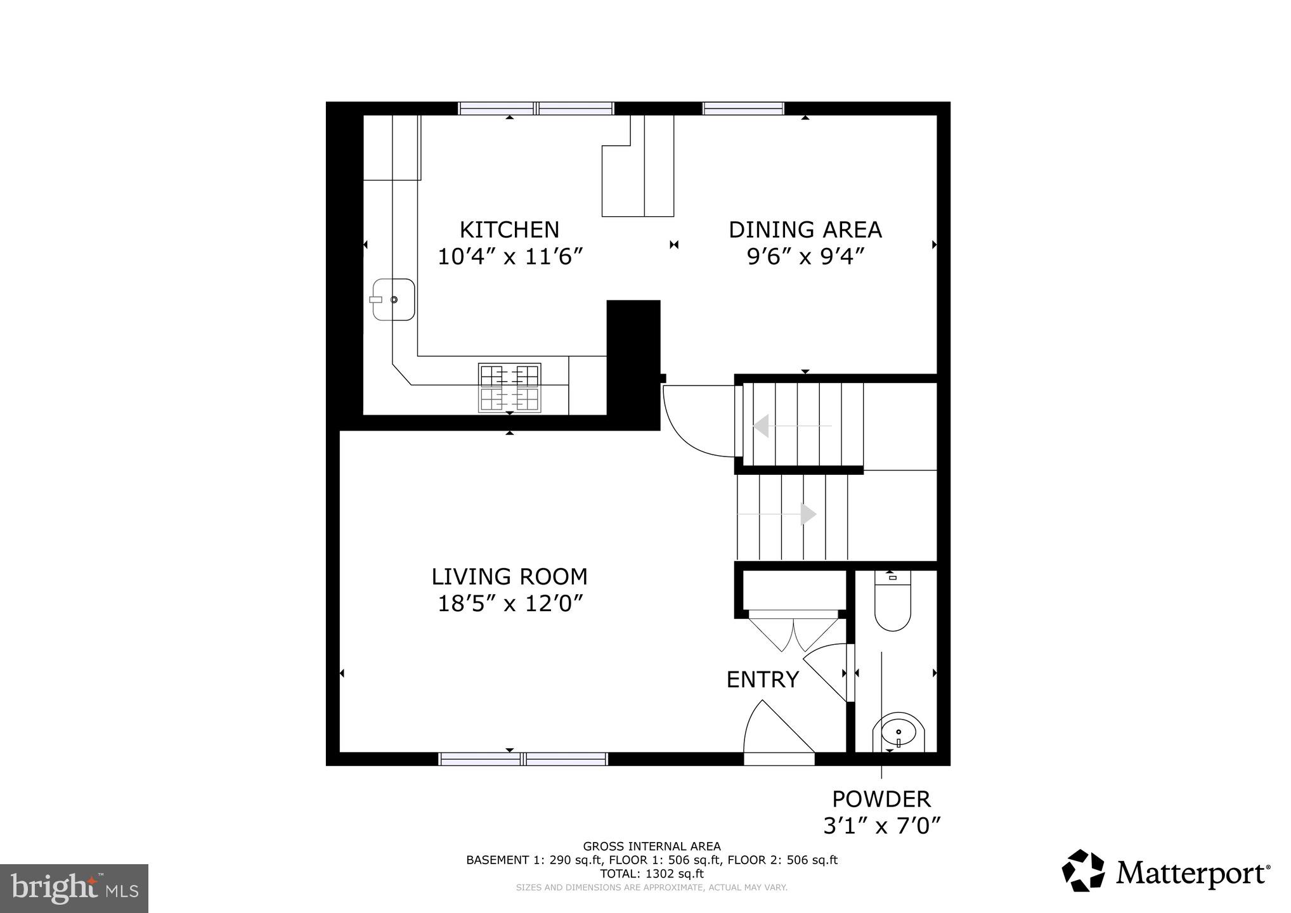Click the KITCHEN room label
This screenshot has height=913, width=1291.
(509, 229)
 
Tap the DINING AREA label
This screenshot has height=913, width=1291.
(805, 229)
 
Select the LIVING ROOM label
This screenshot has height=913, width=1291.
(509, 576)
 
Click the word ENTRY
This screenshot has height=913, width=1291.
(762, 680)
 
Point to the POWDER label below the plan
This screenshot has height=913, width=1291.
(881, 798)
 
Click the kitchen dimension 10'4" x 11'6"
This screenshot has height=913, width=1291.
(509, 257)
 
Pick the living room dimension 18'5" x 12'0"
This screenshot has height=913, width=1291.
(509, 604)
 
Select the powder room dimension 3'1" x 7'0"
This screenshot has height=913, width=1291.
(881, 826)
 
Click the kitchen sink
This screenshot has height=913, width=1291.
(394, 299)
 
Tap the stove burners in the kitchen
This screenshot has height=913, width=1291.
(509, 388)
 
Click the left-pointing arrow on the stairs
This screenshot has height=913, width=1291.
(761, 426)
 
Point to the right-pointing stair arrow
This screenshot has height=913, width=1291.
(808, 514)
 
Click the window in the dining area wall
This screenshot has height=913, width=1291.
(743, 108)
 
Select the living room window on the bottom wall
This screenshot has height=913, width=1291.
(523, 759)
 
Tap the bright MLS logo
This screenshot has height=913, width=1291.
(74, 888)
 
